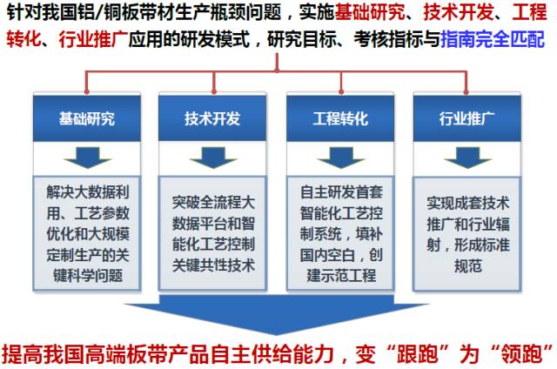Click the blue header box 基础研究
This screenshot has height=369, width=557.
click(x=87, y=117)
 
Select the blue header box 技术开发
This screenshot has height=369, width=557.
click(x=212, y=117)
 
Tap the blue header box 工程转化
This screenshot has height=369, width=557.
click(x=340, y=117)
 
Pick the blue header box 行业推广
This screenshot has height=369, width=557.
click(x=467, y=117)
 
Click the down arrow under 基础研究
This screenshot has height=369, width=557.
click(x=87, y=158)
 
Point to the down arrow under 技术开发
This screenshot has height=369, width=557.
click(x=213, y=158)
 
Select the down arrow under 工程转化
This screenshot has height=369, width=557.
click(x=341, y=158)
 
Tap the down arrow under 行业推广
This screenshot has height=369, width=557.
click(x=468, y=158)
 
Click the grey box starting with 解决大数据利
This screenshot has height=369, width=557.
click(x=87, y=233)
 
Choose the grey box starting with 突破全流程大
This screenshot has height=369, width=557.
click(x=212, y=233)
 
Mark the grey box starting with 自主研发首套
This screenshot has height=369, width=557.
click(x=340, y=233)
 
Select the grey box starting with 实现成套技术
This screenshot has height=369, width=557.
click(x=467, y=233)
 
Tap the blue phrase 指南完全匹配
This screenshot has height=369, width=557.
click(x=493, y=38)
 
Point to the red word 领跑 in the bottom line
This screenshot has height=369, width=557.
click(x=521, y=353)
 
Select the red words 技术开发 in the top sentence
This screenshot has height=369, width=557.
click(x=458, y=11)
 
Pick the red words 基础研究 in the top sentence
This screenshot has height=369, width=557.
click(x=369, y=11)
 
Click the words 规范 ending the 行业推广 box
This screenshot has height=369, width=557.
click(x=468, y=265)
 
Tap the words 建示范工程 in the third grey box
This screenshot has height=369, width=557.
click(x=341, y=275)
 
